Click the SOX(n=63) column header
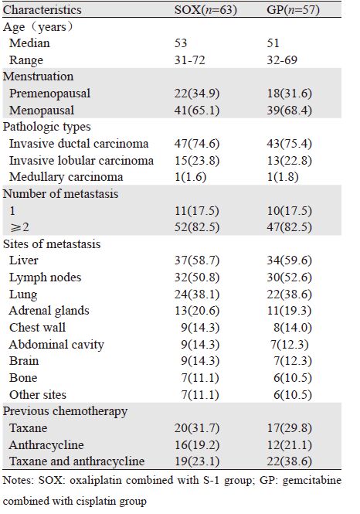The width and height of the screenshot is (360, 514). (205, 10)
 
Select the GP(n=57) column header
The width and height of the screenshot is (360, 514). (293, 10)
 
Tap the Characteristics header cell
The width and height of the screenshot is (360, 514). (42, 10)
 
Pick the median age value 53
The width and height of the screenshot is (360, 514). (181, 43)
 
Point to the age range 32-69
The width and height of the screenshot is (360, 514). (282, 60)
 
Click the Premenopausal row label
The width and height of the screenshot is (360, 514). (49, 94)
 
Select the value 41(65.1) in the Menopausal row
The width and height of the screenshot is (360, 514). (197, 110)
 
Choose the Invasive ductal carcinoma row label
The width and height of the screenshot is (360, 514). (79, 144)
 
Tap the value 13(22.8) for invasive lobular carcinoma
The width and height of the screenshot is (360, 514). (289, 161)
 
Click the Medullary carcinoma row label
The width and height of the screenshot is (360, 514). (66, 177)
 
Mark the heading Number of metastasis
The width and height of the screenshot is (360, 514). (60, 194)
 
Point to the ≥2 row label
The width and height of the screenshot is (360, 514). (19, 226)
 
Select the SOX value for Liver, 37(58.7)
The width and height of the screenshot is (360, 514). (197, 260)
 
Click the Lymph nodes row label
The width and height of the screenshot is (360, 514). (46, 277)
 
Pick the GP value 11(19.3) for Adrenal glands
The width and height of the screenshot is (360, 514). (289, 311)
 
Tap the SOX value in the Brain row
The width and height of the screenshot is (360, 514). (200, 361)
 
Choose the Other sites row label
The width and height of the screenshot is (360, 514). (38, 394)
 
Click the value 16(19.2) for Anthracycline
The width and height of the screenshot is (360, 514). (197, 445)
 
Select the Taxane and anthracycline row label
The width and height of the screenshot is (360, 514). (77, 461)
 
